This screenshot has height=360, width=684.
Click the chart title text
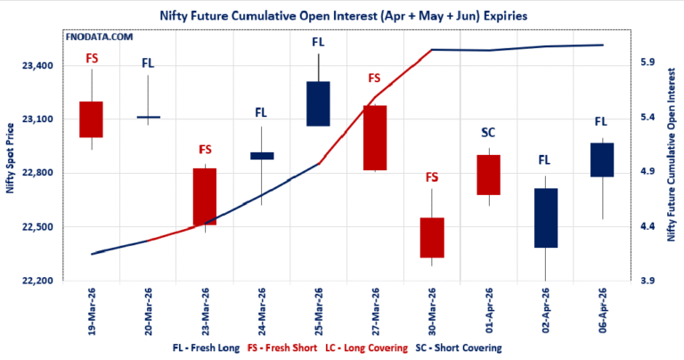pyautogui.click(x=342, y=15)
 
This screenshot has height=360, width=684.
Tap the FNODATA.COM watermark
pyautogui.click(x=101, y=38)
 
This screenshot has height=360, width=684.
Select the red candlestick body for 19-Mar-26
pyautogui.click(x=91, y=119)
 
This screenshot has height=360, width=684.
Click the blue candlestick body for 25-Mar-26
pyautogui.click(x=318, y=103)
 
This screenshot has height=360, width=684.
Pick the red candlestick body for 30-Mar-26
pyautogui.click(x=432, y=238)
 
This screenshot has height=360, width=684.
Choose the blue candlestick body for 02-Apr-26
pyautogui.click(x=546, y=218)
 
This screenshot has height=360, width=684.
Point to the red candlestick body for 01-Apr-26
pyautogui.click(x=488, y=175)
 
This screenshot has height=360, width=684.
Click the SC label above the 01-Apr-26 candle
pyautogui.click(x=488, y=133)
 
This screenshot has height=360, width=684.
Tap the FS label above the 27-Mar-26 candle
pyautogui.click(x=375, y=78)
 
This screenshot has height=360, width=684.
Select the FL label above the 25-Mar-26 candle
pyautogui.click(x=318, y=42)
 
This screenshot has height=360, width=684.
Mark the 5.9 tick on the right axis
pyautogui.click(x=648, y=62)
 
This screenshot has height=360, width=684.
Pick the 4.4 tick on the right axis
pyautogui.click(x=648, y=226)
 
